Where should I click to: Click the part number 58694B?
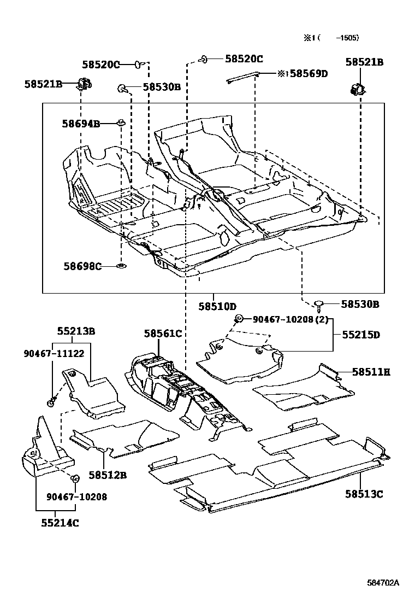tap(80, 124)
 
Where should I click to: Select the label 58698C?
tap(82, 266)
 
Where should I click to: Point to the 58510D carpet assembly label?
tap(217, 306)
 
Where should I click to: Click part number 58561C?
tap(163, 333)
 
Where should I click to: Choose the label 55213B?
tap(76, 331)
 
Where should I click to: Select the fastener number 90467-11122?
tap(54, 353)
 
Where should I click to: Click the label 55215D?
tap(361, 334)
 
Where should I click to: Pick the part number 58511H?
tap(371, 372)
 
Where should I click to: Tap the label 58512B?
tap(108, 475)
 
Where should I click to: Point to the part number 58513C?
tap(364, 494)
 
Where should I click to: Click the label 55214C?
tap(60, 523)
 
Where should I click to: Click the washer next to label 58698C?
tap(120, 266)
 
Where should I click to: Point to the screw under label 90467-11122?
tap(50, 402)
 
